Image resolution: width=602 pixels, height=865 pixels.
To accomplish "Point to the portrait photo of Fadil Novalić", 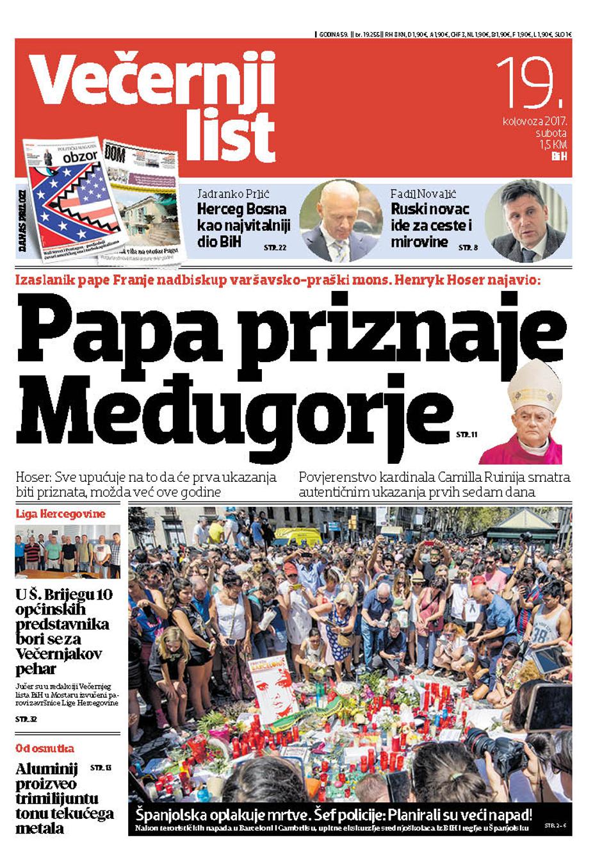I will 525,220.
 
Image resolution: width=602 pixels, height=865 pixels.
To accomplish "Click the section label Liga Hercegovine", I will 60,514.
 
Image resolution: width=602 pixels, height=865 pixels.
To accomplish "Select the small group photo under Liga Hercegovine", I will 67,551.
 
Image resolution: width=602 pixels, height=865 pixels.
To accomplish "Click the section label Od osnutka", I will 45,748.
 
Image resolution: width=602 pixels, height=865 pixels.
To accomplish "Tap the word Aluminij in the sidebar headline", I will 46,769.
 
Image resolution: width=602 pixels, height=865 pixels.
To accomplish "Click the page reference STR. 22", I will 275,247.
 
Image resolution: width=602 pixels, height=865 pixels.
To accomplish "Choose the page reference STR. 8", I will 468,247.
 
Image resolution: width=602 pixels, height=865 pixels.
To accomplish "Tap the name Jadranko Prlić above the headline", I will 234,194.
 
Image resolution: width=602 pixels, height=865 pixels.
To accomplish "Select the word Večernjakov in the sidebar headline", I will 59,654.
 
